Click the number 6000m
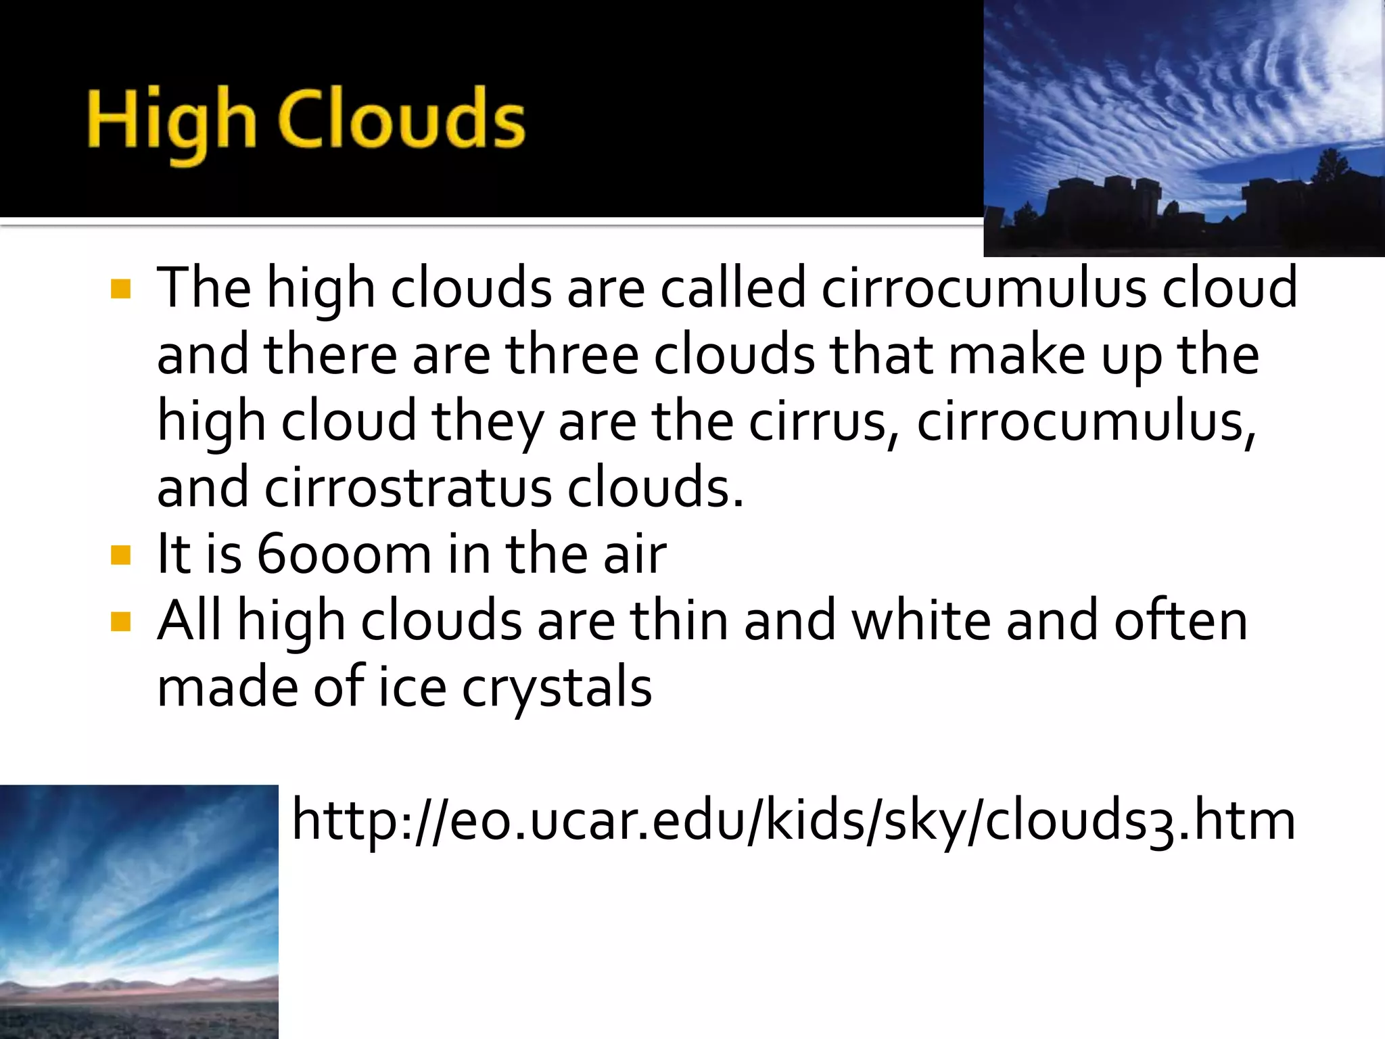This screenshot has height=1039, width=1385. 344,554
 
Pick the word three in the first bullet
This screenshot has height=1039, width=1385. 571,354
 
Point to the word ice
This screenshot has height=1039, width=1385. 412,687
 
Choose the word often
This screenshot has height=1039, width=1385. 1180,621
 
